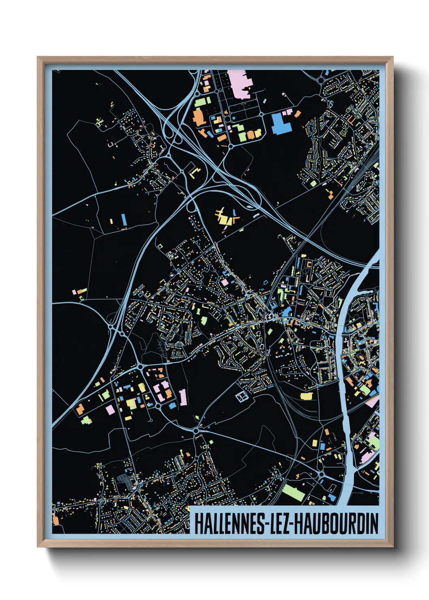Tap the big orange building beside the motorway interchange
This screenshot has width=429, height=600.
point(198,117)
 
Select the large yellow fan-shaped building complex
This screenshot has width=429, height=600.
point(225,217)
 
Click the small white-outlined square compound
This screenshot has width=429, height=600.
point(242,396)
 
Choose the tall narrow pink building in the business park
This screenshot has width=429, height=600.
point(183,397)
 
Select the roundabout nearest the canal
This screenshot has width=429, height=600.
point(321,473)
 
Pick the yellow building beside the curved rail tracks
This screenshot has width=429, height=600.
point(307,396)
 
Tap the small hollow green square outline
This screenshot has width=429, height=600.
point(159,246)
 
